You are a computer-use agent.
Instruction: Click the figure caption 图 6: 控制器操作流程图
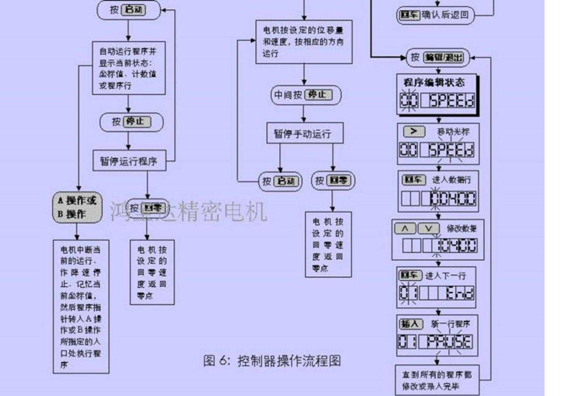pos(272,361)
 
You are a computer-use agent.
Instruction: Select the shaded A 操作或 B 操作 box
pos(77,207)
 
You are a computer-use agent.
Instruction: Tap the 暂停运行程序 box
pos(129,161)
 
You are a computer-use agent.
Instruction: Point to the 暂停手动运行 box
pos(305,133)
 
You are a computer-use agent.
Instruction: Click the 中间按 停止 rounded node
pos(305,95)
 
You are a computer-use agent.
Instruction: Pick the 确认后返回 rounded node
pos(435,15)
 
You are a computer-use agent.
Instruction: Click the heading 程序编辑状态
pos(434,82)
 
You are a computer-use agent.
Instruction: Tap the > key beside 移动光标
pos(414,131)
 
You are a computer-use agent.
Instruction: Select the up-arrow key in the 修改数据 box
pos(405,228)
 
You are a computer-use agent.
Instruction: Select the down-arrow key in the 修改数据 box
pos(428,228)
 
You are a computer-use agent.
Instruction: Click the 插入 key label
pos(410,324)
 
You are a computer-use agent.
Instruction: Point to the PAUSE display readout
pos(449,342)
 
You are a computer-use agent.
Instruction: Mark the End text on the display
pos(460,293)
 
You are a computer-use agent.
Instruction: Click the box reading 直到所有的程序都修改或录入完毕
pos(437,380)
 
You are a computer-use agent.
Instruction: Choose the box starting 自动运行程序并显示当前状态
pos(129,68)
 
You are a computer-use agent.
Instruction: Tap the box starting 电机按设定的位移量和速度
pos(304,42)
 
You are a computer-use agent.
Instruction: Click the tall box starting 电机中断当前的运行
pos(81,307)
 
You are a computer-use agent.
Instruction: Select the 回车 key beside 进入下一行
pos(410,275)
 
